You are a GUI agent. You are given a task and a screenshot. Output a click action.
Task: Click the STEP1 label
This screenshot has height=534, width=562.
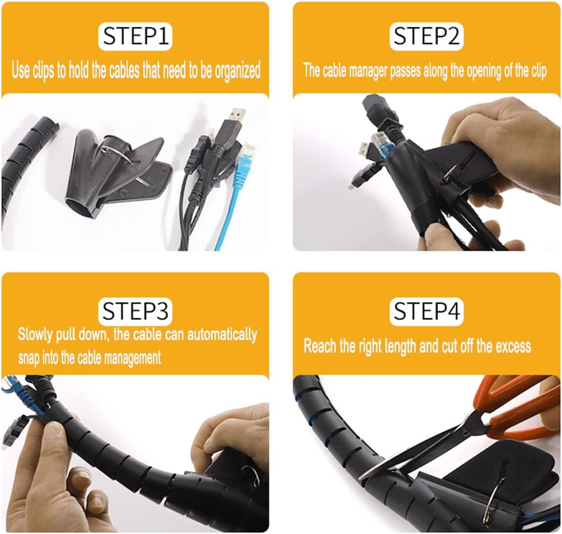click(x=135, y=36)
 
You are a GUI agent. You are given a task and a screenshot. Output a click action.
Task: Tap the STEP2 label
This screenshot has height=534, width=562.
click(x=426, y=36)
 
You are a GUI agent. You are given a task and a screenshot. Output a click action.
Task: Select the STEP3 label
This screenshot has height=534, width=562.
click(x=135, y=311)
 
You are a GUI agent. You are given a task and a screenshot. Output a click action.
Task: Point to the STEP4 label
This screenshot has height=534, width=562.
click(x=427, y=311)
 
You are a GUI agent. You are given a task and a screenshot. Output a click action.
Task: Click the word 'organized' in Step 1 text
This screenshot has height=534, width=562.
click(x=237, y=70)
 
